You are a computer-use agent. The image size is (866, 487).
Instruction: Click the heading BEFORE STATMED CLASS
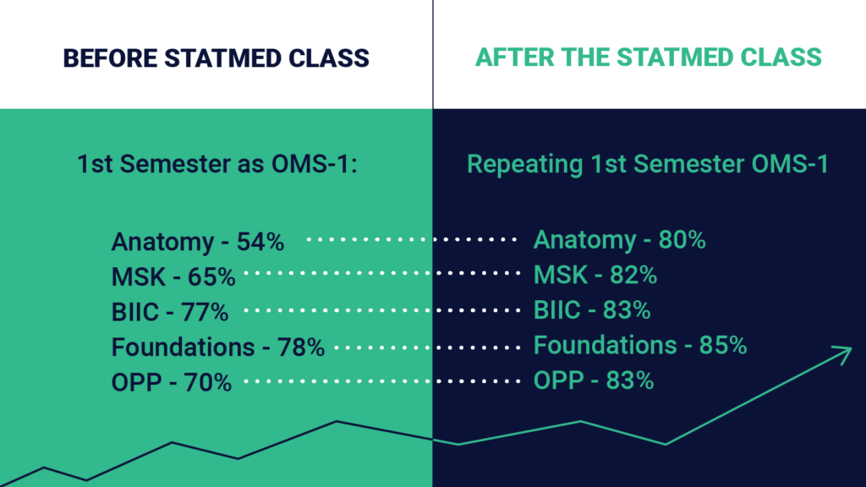coord(216,58)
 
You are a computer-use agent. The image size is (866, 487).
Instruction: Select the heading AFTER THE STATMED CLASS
coord(648,57)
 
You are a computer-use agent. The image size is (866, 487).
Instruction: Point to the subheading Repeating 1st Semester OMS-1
coord(647,164)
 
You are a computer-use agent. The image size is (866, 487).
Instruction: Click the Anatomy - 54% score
coord(198,243)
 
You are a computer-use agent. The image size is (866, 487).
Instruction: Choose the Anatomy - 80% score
coord(619,240)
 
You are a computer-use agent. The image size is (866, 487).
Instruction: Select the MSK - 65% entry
coord(173,276)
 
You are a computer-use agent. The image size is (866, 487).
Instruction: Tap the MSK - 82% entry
coord(595,276)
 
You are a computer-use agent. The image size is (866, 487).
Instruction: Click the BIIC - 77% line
coord(170,312)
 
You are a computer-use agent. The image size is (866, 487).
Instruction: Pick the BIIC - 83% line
coord(592,310)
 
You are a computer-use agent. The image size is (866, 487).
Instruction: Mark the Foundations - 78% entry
coord(218,347)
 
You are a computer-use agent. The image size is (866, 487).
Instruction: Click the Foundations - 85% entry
coord(640,346)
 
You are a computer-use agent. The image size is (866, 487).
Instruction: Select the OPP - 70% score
coord(172,382)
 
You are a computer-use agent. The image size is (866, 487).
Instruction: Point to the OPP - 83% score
coord(594,381)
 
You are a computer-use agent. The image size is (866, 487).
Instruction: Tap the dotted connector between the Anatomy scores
coord(411,240)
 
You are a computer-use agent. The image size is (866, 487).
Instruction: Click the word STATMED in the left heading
coord(225,58)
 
